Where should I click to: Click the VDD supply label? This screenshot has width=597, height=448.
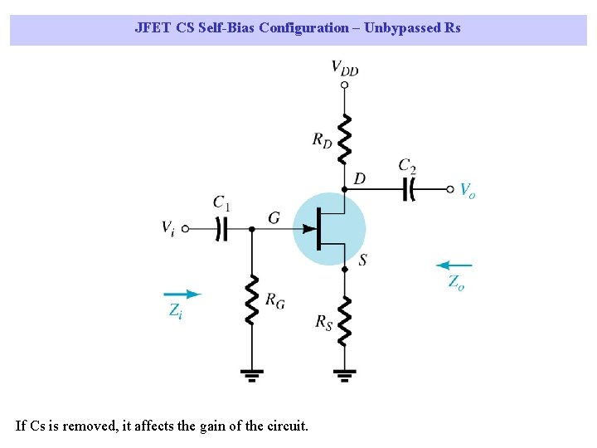(345, 68)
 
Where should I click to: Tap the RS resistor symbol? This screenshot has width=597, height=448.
(344, 320)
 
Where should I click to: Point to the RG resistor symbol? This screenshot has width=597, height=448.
(251, 299)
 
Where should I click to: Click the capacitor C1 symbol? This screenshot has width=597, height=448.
(221, 228)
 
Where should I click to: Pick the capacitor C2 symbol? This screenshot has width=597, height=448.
(408, 189)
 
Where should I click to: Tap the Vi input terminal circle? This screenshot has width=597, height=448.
(186, 228)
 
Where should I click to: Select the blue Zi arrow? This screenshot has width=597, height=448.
(182, 294)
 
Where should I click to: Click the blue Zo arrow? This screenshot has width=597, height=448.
(454, 266)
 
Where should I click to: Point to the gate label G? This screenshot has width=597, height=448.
(274, 218)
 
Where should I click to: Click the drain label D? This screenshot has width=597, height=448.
(359, 178)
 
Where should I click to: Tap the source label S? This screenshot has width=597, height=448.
(363, 261)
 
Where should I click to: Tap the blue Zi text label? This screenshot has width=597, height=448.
(176, 311)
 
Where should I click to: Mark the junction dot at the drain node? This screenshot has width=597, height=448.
(344, 189)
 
